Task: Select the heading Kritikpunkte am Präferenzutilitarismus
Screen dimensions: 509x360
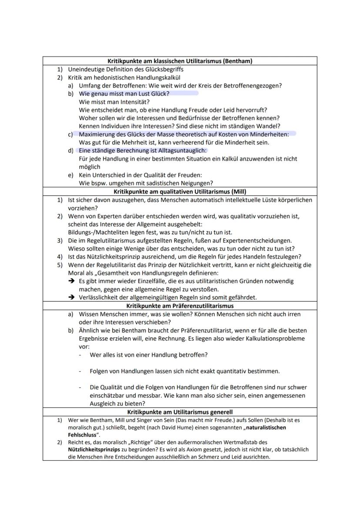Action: coord(180,306)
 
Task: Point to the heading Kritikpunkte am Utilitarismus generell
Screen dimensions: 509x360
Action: coord(180,412)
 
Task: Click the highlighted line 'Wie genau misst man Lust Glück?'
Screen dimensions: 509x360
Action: coord(124,93)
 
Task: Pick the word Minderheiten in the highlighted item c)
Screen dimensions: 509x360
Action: coord(270,134)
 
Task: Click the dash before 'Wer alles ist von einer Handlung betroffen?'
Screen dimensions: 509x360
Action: coord(80,355)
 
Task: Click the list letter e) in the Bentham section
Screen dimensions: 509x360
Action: coord(70,175)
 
